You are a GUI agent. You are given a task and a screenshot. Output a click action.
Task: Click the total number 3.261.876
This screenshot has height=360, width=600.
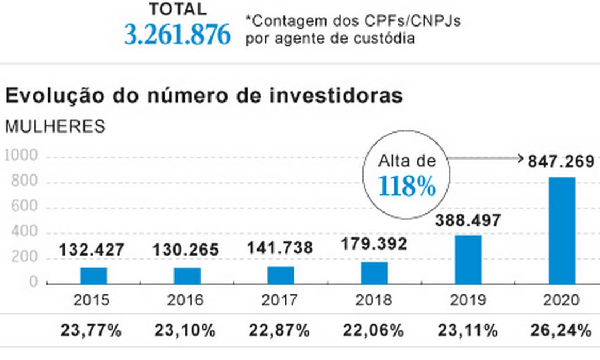tap(177, 35)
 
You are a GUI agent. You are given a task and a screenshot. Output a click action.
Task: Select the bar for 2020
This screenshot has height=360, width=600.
tap(561, 230)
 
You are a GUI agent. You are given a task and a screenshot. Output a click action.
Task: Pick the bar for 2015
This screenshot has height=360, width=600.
tap(93, 276)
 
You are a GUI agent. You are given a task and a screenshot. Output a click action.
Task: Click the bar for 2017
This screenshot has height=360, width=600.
tap(281, 275)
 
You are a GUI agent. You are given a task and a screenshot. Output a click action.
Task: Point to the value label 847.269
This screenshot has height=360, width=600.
tap(561, 162)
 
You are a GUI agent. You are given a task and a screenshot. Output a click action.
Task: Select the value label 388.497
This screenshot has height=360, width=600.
tap(468, 220)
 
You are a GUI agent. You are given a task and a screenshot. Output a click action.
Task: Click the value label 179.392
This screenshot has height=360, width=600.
tap(374, 243)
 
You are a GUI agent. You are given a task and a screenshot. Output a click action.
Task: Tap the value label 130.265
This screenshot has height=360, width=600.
tap(186, 249)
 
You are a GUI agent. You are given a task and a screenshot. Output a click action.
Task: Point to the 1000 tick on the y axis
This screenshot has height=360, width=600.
tap(21, 156)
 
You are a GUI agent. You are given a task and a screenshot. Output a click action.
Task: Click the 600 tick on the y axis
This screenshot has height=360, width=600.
tap(25, 207)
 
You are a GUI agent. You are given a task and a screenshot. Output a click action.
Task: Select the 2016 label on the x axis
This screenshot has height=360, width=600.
tap(187, 300)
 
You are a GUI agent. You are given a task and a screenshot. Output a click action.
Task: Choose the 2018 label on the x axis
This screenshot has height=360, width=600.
tap(374, 300)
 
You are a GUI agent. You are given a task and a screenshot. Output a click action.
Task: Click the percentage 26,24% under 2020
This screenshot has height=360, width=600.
tap(561, 331)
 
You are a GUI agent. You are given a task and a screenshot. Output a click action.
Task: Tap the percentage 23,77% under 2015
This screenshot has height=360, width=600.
tap(92, 331)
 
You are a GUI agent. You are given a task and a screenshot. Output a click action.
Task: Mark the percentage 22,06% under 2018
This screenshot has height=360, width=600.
tap(374, 331)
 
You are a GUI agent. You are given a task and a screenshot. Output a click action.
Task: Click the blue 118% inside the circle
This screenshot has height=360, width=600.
tap(407, 187)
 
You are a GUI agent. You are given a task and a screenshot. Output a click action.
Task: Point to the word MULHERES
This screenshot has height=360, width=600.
tap(55, 126)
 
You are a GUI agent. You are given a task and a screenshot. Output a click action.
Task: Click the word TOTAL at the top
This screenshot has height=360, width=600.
tap(177, 9)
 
